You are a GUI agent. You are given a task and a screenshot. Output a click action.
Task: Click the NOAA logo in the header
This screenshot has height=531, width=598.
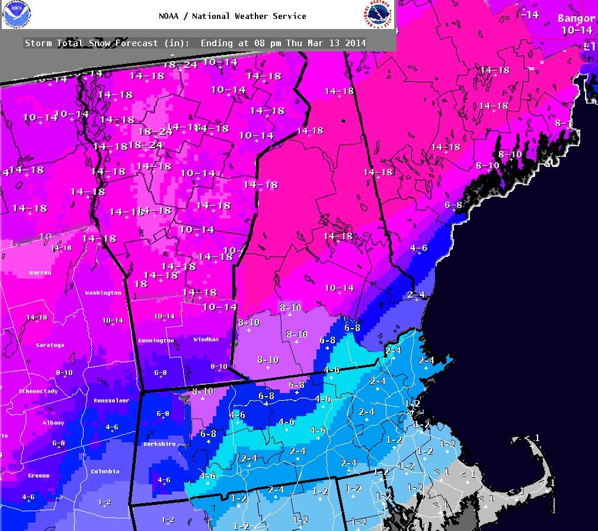coord(16,14)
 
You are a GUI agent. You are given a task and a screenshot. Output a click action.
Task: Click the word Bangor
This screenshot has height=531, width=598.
coord(576,18)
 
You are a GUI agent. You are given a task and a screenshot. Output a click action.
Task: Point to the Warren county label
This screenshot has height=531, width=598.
coord(40,273)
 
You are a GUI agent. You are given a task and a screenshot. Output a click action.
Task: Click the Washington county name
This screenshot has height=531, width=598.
coord(103,292)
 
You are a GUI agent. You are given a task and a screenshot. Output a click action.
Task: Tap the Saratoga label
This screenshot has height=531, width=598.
coord(49,345)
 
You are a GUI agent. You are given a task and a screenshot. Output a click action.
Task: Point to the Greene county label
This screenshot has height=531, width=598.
coord(38,475)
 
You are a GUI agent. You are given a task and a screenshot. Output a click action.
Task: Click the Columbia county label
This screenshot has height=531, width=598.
coord(105,471)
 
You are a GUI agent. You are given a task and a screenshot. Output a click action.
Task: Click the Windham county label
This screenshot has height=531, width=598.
coord(206,339)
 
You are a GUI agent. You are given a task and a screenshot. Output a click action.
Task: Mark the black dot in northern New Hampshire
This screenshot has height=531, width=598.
coord(343,121)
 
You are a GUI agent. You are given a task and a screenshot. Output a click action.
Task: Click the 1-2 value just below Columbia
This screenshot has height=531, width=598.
coord(104,502)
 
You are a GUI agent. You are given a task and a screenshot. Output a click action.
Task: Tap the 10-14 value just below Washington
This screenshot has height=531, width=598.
coord(113,320)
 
